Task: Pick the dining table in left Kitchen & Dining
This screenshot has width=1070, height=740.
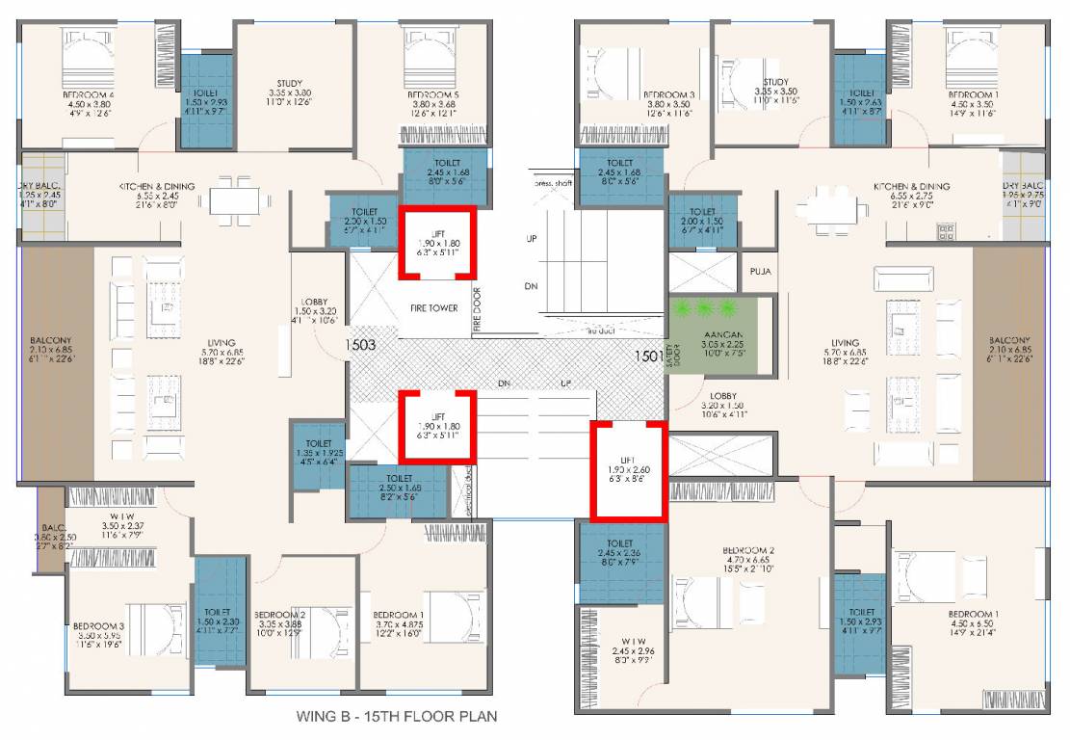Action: point(234,198)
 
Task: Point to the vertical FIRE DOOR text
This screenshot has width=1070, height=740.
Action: point(477,310)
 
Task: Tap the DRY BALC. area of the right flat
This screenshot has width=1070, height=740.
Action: point(1024,196)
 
